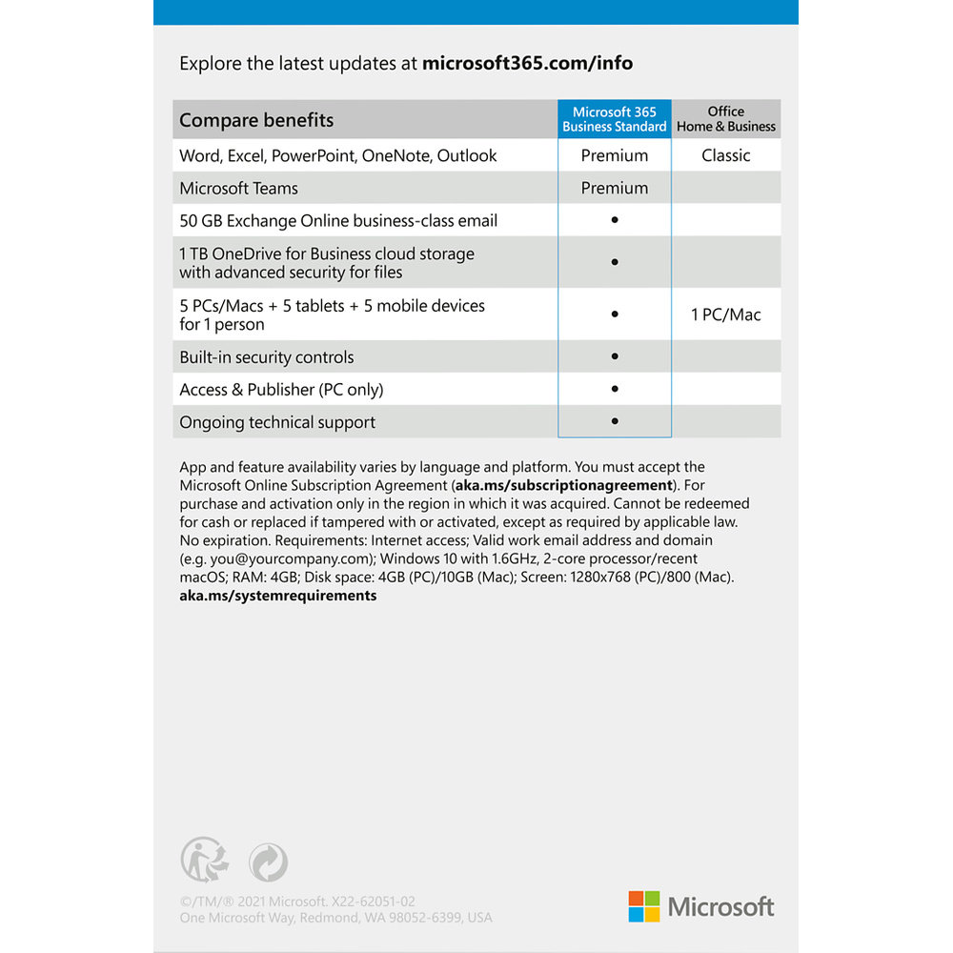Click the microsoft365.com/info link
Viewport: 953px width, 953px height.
[x=527, y=64]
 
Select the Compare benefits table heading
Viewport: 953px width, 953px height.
[x=256, y=120]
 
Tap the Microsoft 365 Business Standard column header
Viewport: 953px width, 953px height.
[x=615, y=119]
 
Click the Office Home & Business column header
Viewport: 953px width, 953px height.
[x=726, y=119]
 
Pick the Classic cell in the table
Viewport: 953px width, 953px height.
[x=726, y=155]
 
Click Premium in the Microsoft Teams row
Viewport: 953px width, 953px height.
[x=615, y=188]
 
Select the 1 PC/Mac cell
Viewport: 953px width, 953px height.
[x=726, y=314]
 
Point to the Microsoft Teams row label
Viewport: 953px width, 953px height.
[x=239, y=188]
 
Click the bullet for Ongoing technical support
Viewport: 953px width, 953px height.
[x=615, y=421]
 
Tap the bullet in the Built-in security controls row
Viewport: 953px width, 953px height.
[x=615, y=356]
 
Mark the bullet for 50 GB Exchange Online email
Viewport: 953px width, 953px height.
[x=615, y=220]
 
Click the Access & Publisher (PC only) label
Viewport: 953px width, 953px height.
[x=281, y=389]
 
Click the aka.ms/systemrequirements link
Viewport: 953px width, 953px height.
[x=278, y=596]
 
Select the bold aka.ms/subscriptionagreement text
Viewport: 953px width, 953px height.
[x=563, y=485]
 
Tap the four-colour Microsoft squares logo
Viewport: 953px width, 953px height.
[x=644, y=906]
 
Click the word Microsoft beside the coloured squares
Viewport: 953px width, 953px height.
[x=721, y=906]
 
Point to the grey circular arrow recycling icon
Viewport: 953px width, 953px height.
[x=268, y=862]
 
